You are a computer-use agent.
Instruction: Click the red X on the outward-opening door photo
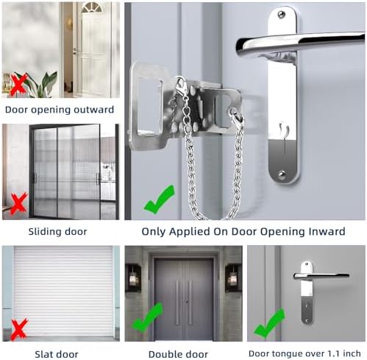[x=18, y=85]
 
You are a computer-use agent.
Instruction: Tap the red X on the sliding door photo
[x=18, y=204]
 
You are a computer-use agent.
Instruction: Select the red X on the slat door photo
[x=18, y=329]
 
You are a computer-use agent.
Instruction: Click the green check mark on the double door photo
[x=148, y=317]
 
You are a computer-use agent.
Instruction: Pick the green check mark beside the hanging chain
[x=160, y=200]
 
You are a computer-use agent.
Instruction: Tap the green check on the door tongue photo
[x=269, y=323]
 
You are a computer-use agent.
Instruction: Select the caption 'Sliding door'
[x=57, y=232]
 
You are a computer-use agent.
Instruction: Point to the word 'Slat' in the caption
[x=44, y=354]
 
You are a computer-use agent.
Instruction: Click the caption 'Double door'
[x=178, y=354]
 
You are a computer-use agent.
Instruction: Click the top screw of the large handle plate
[x=282, y=15]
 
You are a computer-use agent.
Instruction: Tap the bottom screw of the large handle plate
[x=282, y=175]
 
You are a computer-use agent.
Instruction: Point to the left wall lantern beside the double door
[x=133, y=278]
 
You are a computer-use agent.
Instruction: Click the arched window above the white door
[x=91, y=7]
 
